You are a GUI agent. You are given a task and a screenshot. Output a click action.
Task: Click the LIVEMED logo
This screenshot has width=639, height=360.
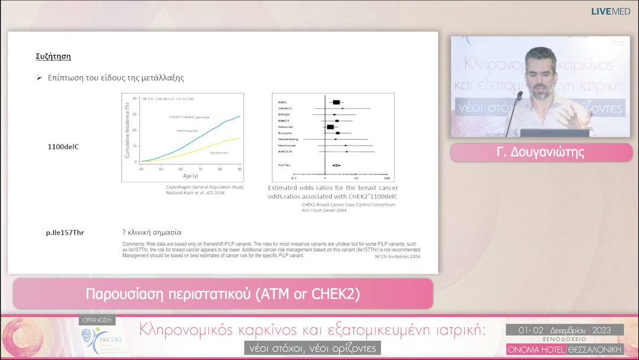(x=611, y=11)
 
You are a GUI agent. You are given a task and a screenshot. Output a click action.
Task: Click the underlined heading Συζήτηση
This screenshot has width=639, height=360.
(x=54, y=57)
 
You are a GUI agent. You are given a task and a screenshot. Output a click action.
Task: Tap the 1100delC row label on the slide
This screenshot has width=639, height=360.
(x=63, y=147)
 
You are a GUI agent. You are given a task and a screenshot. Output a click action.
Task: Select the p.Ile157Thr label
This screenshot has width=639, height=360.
(x=65, y=233)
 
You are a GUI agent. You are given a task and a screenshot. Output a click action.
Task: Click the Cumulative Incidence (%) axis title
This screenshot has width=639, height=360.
(x=127, y=130)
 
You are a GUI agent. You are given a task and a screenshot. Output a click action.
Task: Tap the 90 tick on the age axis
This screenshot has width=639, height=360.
(x=238, y=170)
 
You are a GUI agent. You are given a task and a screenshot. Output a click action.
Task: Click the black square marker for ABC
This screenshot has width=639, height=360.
(x=336, y=102)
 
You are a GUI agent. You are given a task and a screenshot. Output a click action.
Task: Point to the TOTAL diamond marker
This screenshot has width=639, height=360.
(x=335, y=165)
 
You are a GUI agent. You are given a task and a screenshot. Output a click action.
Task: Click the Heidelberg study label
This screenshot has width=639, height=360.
(x=288, y=139)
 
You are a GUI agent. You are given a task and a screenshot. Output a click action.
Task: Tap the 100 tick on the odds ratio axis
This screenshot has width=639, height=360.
(x=386, y=178)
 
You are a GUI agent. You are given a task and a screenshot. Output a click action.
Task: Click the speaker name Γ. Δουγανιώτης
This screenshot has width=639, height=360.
(x=540, y=153)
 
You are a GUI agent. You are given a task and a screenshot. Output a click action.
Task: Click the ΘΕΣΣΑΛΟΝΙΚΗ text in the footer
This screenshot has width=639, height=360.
(x=595, y=350)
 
